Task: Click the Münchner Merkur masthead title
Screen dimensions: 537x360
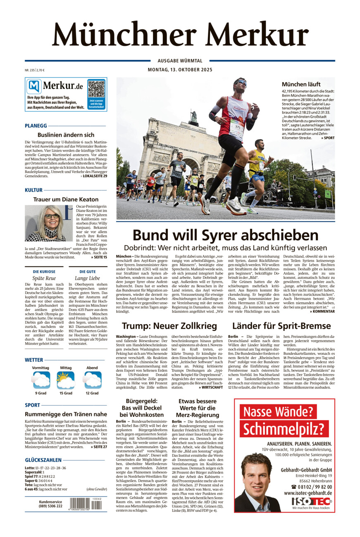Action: (180, 34)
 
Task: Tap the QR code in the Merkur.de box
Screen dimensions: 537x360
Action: (96, 90)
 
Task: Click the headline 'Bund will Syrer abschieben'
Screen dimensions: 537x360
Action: (225, 235)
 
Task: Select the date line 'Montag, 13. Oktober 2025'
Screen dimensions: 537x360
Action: (180, 70)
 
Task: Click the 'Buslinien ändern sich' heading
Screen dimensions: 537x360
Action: (66, 135)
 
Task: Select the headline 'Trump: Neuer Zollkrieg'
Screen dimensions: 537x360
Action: (169, 326)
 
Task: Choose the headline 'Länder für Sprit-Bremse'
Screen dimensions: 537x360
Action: (281, 326)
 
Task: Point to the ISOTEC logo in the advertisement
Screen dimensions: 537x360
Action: (311, 501)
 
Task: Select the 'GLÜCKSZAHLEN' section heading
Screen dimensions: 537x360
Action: (43, 460)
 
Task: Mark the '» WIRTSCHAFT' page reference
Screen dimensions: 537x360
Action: (211, 387)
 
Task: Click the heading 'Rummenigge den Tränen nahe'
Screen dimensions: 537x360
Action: (66, 414)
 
